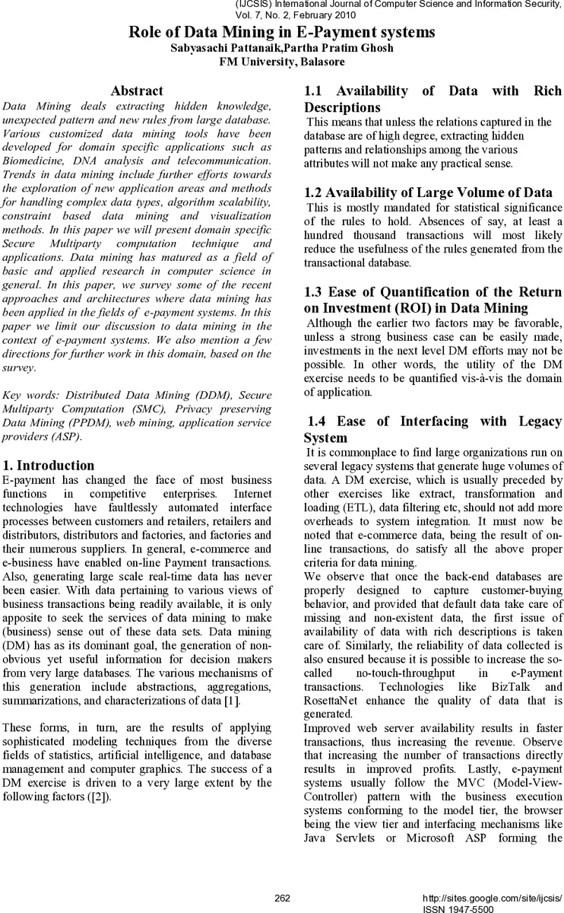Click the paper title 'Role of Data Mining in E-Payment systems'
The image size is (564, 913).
[x=282, y=32]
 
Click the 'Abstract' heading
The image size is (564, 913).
[x=137, y=91]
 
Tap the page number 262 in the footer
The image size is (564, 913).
[x=282, y=899]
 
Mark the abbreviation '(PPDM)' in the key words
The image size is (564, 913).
[x=94, y=423]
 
